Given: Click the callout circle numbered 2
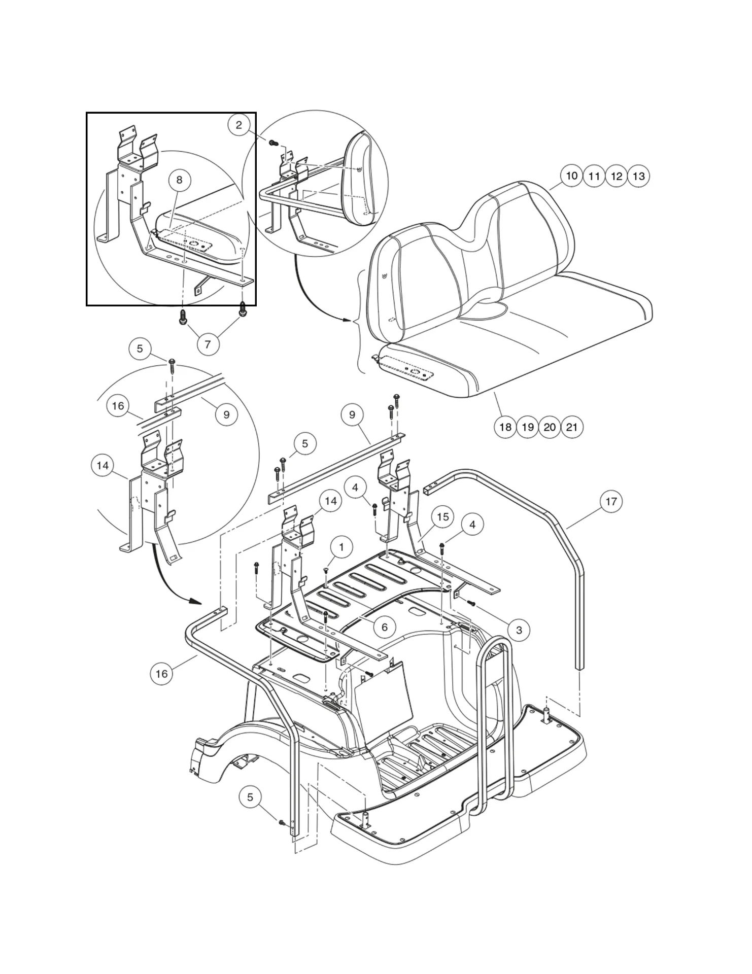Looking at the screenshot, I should (239, 125).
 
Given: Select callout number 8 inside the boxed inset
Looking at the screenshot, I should (179, 180).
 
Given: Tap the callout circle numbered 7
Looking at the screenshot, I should (207, 344).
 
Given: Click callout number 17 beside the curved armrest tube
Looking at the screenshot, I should (611, 502).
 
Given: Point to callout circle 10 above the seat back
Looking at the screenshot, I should (571, 176).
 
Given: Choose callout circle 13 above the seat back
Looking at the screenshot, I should (639, 176).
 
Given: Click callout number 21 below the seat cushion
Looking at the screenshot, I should (572, 427).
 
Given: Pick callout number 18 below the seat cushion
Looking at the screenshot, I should (505, 427).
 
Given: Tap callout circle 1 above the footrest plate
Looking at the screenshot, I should (341, 547).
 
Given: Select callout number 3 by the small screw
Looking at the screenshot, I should (519, 630).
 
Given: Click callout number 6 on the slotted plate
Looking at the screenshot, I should (384, 628).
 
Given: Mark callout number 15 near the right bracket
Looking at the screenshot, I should (442, 517).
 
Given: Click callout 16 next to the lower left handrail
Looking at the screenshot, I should (161, 674).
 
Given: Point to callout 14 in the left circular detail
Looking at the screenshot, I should (102, 466).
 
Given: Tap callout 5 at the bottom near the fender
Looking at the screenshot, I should (250, 797).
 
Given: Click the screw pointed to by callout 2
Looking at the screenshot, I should (272, 143).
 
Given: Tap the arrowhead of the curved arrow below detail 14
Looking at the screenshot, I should (196, 602).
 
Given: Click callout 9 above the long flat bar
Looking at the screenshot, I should (352, 414).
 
